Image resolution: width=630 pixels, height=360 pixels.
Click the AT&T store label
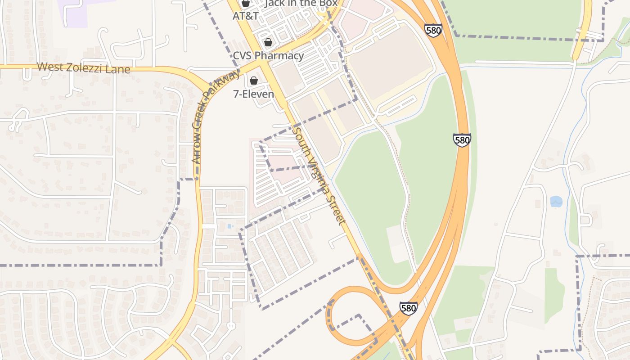(245, 16)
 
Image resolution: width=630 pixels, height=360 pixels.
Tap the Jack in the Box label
(301, 3)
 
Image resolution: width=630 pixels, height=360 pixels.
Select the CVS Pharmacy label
(268, 56)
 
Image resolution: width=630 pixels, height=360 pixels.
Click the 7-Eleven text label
(253, 94)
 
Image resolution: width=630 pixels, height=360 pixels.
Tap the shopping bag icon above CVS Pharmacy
(268, 43)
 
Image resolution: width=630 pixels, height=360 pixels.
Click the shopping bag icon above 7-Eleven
(254, 81)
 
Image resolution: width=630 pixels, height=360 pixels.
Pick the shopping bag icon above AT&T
(245, 4)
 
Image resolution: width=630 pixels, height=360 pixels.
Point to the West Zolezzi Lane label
(83, 68)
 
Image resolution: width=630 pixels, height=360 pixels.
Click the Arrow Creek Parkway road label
(215, 117)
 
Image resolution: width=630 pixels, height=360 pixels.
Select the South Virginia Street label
(319, 176)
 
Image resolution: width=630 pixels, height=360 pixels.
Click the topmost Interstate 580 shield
(433, 31)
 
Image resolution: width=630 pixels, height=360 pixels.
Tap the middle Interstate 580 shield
(462, 140)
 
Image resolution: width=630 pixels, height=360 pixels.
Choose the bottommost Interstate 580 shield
(408, 308)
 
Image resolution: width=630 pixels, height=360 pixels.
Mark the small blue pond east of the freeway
(556, 201)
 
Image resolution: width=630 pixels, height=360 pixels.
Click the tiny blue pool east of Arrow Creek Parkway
(230, 226)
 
